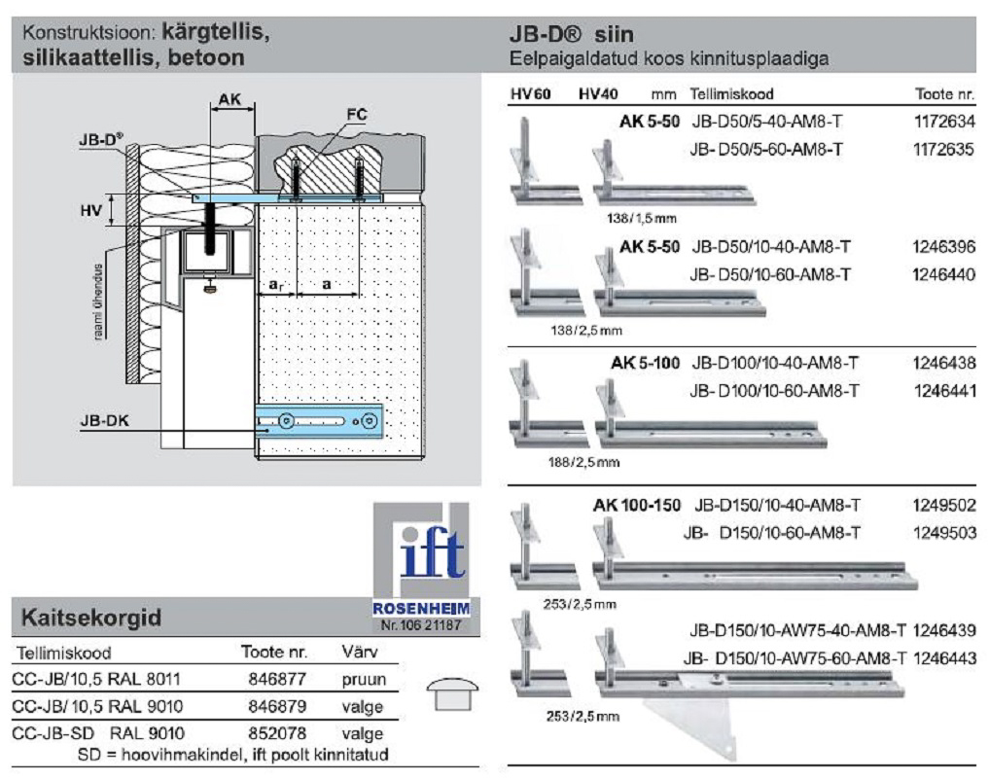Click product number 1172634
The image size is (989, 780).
pyautogui.click(x=944, y=124)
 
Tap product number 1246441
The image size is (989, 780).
pyautogui.click(x=944, y=391)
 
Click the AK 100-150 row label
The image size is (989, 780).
pyautogui.click(x=637, y=506)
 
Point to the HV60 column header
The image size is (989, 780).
pyautogui.click(x=529, y=94)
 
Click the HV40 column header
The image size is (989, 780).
pyautogui.click(x=597, y=94)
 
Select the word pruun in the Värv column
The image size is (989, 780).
pyautogui.click(x=364, y=679)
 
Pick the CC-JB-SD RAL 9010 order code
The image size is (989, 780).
pyautogui.click(x=101, y=731)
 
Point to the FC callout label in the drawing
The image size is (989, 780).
pyautogui.click(x=357, y=114)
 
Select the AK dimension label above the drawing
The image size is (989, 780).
pyautogui.click(x=230, y=99)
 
